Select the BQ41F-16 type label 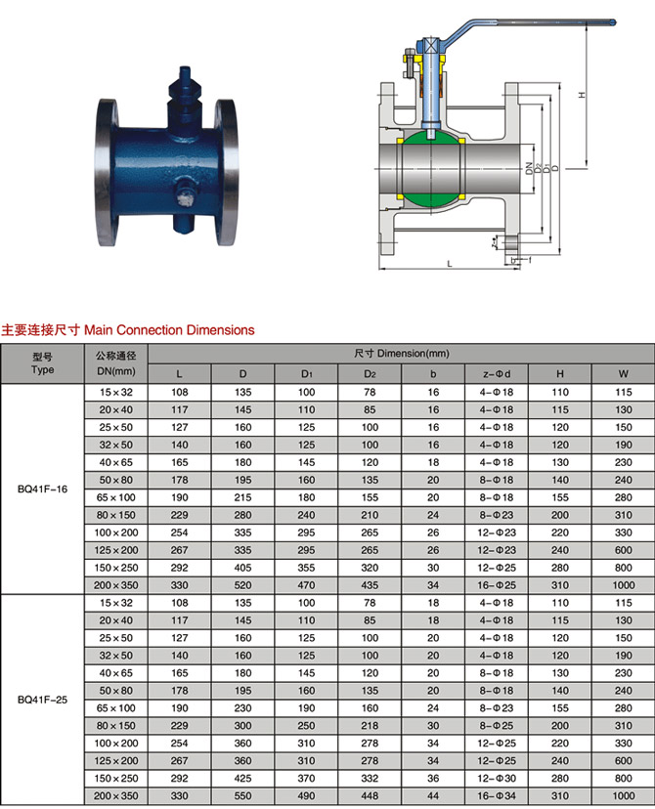tap(42, 490)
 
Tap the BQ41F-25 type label tap(42, 700)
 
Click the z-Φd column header tap(497, 374)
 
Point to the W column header tap(624, 374)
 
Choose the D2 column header tap(370, 374)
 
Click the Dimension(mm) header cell tap(402, 354)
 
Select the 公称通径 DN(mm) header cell tap(116, 363)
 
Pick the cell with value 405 tap(243, 568)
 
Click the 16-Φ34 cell tap(497, 795)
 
